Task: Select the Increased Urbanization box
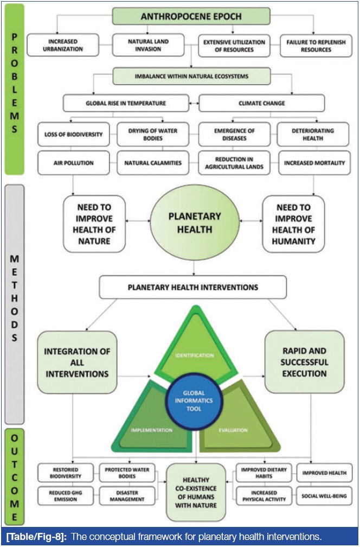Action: [63, 45]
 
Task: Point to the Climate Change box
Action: [262, 103]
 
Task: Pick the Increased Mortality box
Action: [313, 162]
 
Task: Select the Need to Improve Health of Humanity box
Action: [293, 224]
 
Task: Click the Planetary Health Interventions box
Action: [192, 288]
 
